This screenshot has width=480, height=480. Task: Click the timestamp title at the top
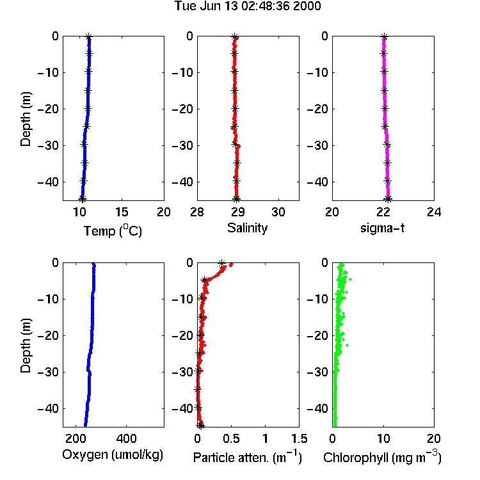point(248,6)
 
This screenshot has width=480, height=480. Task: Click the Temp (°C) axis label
point(113,230)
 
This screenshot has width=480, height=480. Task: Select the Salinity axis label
point(247,228)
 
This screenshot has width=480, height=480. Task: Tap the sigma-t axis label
point(382,228)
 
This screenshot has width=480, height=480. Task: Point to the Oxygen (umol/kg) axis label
point(113,455)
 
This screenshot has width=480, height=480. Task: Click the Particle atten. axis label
point(248,457)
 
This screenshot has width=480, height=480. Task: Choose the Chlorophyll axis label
point(382,457)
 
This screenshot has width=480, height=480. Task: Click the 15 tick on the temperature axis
point(122,212)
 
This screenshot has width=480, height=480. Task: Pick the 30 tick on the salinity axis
point(278,212)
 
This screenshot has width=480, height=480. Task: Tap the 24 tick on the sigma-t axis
point(434,212)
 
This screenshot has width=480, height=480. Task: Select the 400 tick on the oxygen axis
point(126,438)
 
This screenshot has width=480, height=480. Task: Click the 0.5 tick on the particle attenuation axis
point(231,438)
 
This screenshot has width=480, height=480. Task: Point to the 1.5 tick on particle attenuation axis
point(299,438)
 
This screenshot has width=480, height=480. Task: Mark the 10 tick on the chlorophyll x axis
point(383,438)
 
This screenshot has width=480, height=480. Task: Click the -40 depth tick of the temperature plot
point(48,182)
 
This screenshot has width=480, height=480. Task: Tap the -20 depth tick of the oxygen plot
point(48,335)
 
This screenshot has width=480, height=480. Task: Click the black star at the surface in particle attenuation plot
point(221,263)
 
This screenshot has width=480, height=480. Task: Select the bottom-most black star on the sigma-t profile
point(388,199)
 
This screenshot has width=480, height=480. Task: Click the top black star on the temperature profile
point(88,36)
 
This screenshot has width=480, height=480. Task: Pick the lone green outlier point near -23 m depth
point(347,346)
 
